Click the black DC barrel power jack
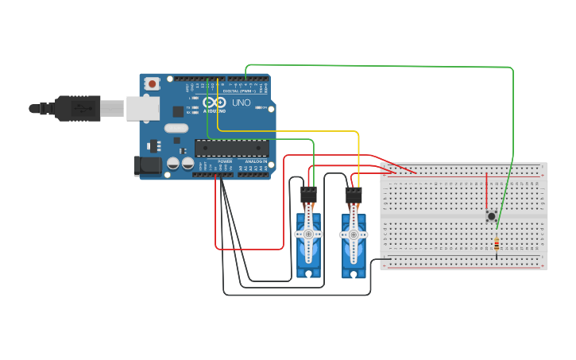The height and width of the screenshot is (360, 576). tap(146, 165)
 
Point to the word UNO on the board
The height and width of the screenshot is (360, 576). tap(241, 103)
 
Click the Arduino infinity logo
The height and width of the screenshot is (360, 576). tap(215, 103)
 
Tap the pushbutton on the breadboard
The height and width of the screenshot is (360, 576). tap(492, 215)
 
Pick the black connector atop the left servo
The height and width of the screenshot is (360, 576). tap(308, 195)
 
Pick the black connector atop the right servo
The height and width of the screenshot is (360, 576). tap(354, 195)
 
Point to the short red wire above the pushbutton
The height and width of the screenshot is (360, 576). tap(487, 191)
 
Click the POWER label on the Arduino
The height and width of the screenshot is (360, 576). tap(225, 161)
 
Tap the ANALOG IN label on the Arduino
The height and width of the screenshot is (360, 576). tap(257, 161)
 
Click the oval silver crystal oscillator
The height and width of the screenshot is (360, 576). tap(176, 128)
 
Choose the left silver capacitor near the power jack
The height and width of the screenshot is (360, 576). tap(173, 164)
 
